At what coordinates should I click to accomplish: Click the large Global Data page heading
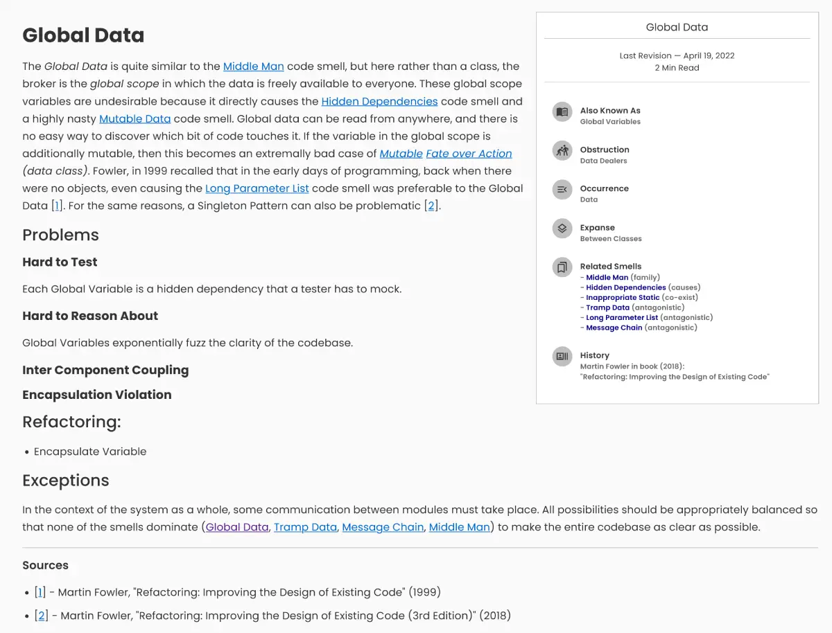point(83,35)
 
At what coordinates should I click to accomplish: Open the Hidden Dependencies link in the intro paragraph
point(379,101)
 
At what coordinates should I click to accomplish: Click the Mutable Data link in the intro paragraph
point(135,118)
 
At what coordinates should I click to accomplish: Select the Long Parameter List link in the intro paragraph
point(257,188)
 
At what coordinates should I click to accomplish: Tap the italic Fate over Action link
point(469,154)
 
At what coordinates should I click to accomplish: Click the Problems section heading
point(60,235)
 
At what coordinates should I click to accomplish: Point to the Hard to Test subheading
point(60,262)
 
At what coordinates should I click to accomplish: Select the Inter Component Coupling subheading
point(105,370)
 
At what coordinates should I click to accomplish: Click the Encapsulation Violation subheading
point(96,395)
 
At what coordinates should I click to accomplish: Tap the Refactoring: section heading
point(71,422)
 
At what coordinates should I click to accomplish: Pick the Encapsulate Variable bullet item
point(90,452)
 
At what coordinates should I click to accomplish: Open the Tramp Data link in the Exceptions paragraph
point(305,527)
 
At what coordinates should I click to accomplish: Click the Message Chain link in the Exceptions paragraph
point(383,527)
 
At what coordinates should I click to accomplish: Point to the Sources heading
point(45,565)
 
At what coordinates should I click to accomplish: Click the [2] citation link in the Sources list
point(42,616)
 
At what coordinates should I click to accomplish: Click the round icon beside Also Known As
point(562,112)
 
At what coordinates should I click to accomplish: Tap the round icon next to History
point(562,356)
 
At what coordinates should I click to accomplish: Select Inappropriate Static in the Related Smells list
point(623,297)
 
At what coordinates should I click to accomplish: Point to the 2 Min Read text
point(677,68)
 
